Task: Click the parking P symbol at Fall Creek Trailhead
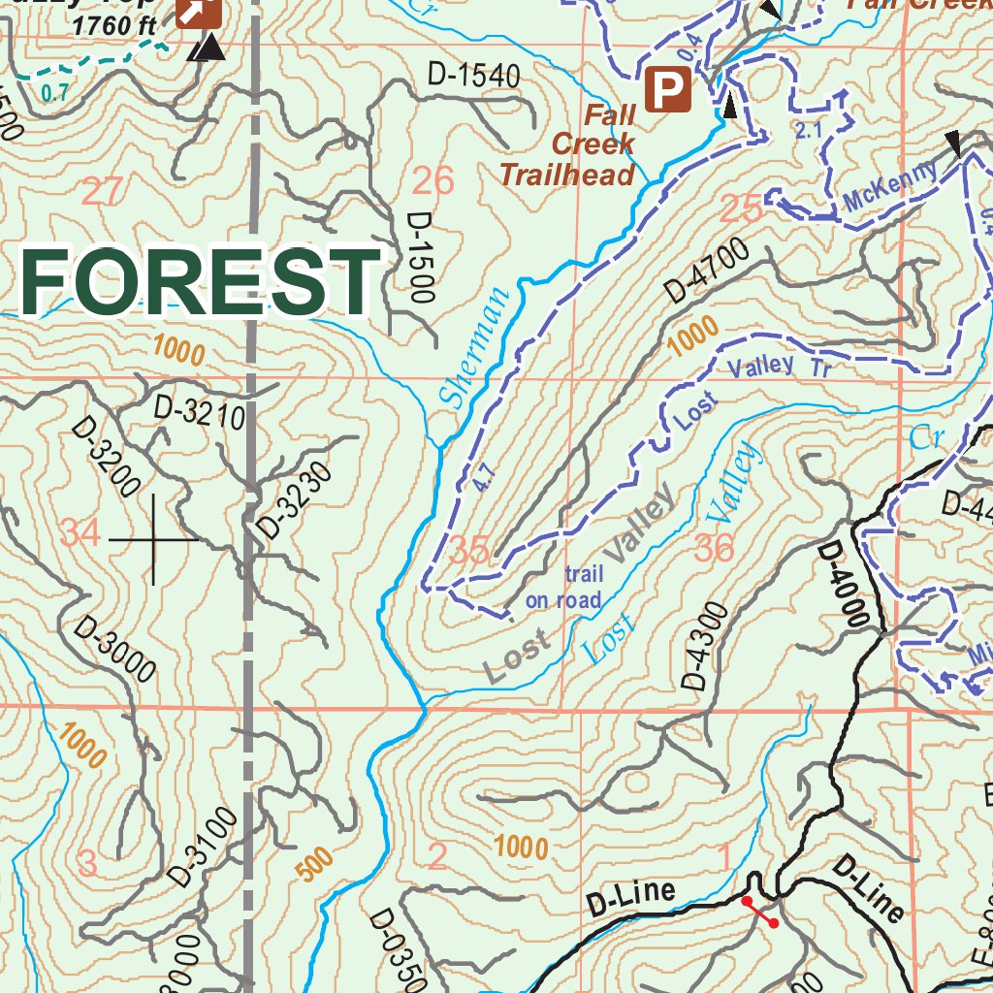pyautogui.click(x=666, y=90)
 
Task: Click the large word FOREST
pyautogui.click(x=201, y=279)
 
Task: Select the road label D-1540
pyautogui.click(x=473, y=76)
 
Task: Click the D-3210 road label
pyautogui.click(x=198, y=414)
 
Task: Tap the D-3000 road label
pyautogui.click(x=114, y=650)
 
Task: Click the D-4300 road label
pyautogui.click(x=705, y=647)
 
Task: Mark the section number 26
pyautogui.click(x=433, y=180)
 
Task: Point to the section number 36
pyautogui.click(x=715, y=550)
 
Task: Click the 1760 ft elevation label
pyautogui.click(x=113, y=25)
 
